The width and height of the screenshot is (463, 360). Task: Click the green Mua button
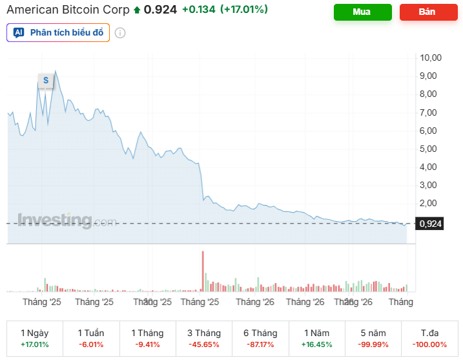point(362,12)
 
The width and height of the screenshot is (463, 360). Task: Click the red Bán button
point(427,12)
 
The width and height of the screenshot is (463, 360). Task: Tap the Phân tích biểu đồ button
point(58,32)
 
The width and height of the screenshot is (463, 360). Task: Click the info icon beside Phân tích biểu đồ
point(120,33)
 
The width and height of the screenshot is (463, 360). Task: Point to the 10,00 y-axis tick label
point(430,58)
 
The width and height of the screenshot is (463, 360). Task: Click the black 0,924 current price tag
point(430,224)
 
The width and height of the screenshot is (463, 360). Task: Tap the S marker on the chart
point(45,80)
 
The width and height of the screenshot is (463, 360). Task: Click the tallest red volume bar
point(203,271)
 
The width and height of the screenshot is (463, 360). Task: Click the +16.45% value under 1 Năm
point(316,344)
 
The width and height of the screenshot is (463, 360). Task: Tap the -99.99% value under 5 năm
point(373,344)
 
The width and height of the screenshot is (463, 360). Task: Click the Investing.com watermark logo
point(67,220)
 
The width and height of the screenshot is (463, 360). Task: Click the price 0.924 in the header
point(160,10)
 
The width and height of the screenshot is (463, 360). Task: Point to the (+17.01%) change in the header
point(244,10)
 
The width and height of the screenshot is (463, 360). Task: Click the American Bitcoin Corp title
point(68,10)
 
